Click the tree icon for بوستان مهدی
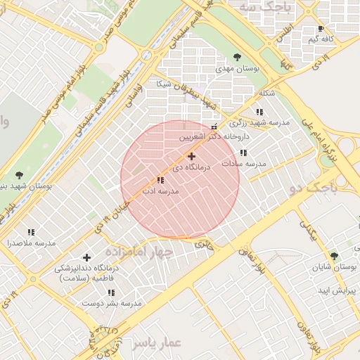point(236,57)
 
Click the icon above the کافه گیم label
point(321,29)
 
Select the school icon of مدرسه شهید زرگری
point(259,112)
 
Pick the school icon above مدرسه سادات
point(243,153)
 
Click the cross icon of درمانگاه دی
point(191,156)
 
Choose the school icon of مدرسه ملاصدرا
point(31,231)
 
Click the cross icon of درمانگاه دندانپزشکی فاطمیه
point(87,258)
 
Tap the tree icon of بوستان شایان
point(333,256)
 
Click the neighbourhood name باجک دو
point(314,188)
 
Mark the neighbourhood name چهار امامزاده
point(139,251)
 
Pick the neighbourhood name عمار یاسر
point(156,342)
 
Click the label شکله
point(266,93)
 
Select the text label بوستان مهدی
point(238,70)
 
